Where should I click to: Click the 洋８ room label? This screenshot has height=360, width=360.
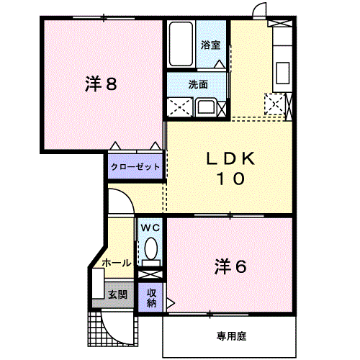coord(101,84)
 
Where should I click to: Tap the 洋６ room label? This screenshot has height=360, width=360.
coord(230,266)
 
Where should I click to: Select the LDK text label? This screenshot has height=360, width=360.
coord(230,158)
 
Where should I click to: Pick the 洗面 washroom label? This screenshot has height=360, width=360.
coord(198,84)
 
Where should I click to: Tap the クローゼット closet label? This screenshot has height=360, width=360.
coord(136,167)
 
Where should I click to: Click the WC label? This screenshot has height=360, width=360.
coord(150,228)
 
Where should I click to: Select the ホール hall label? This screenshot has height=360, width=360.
coord(116,263)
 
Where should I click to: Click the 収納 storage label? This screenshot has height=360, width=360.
coord(152,297)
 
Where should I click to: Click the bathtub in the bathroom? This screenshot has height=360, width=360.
coord(180,45)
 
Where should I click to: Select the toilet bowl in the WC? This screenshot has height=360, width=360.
coord(151,250)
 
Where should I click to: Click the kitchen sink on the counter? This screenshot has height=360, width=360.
coord(282,73)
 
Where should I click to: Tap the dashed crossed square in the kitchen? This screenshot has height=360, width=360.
coord(274,105)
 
